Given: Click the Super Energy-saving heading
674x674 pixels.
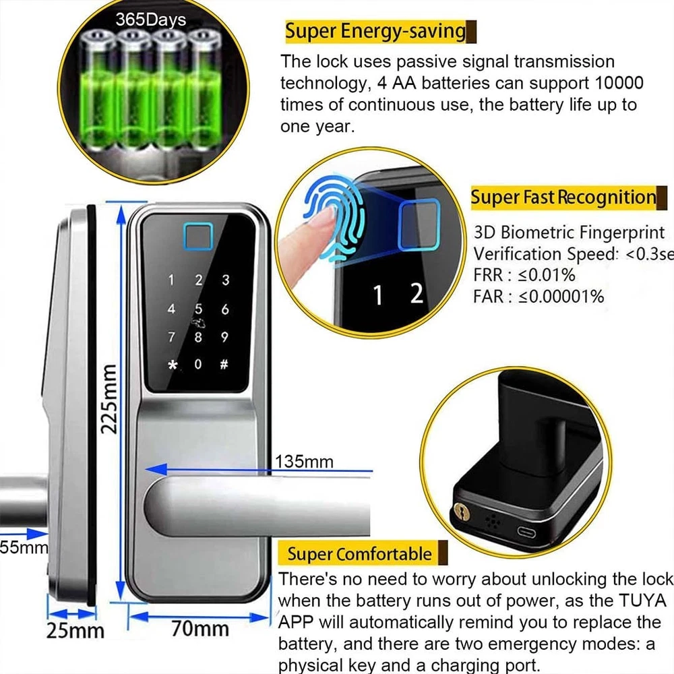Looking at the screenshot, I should [375, 31].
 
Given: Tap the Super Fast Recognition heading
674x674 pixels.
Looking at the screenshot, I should [563, 197].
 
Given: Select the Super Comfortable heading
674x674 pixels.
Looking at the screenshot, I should [359, 554].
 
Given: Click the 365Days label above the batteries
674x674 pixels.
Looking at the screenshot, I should [150, 20].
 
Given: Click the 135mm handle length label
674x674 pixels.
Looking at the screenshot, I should [305, 462].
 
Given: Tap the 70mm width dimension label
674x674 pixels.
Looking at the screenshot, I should [202, 630].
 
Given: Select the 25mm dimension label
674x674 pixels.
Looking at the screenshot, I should [75, 631].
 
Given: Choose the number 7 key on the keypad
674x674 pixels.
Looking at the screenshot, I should [172, 337].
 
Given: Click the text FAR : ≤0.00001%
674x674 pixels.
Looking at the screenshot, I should [539, 296].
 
